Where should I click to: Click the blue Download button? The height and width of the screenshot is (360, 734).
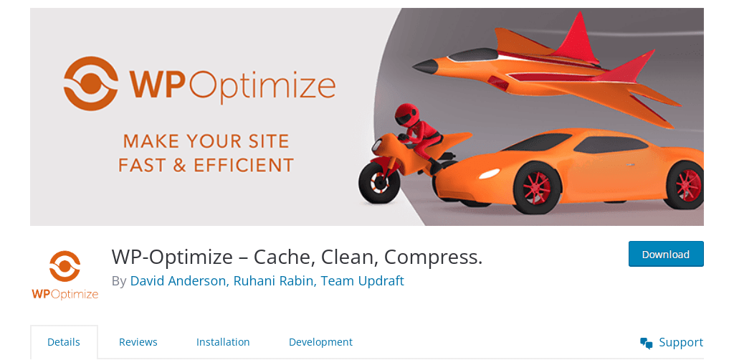click(666, 254)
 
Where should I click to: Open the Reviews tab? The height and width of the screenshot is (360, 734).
click(138, 342)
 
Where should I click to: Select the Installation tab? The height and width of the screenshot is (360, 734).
click(223, 342)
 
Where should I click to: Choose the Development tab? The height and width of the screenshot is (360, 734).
click(320, 342)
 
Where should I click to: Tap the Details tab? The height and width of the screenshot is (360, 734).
click(64, 342)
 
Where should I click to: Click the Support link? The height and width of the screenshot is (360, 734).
click(681, 342)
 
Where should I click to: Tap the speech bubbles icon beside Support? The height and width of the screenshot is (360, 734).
click(647, 343)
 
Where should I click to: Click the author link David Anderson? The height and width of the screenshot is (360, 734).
click(178, 281)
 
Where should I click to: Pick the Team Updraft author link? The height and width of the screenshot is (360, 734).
click(362, 281)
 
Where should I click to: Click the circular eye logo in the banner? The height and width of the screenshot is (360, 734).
click(91, 83)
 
